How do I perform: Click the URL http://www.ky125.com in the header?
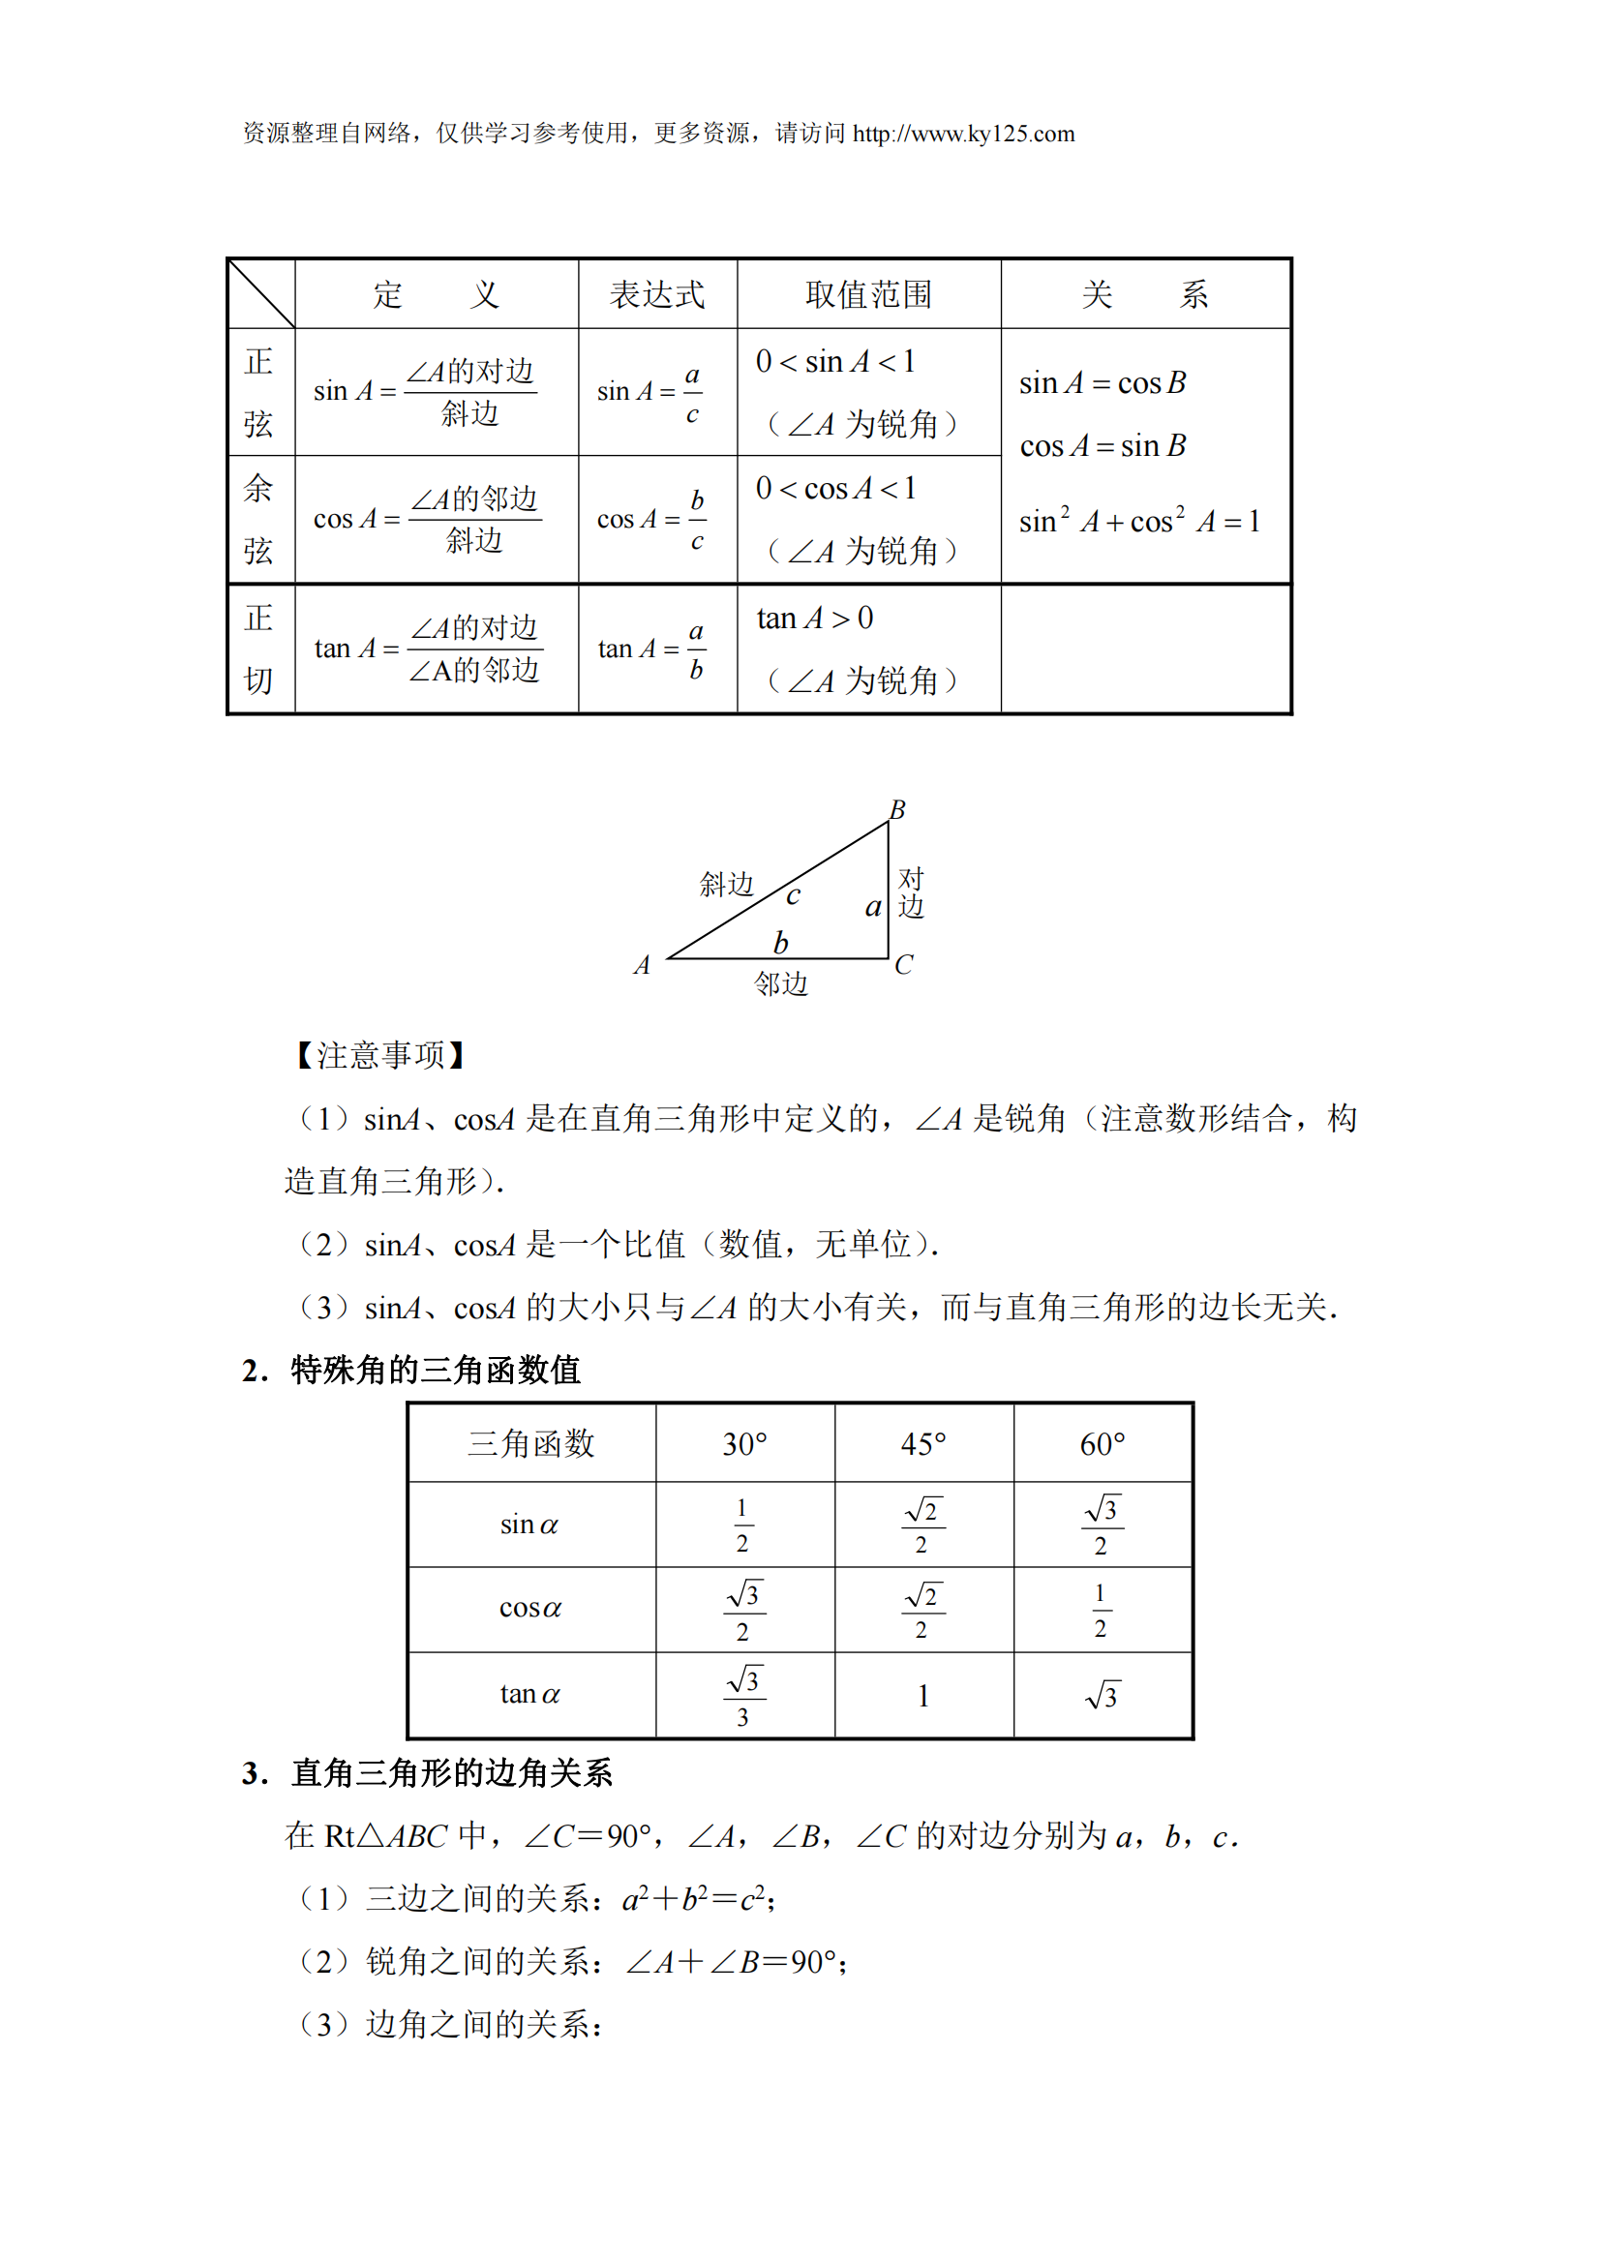(x=963, y=135)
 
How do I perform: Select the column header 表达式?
(x=656, y=294)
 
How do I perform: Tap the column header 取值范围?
(x=868, y=294)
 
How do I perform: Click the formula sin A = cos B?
(x=1103, y=382)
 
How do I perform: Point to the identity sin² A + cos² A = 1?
(x=1138, y=521)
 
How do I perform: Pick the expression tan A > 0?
(x=814, y=619)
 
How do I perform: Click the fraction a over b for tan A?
(x=696, y=649)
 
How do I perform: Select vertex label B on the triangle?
(x=897, y=809)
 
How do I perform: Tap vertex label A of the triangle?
(x=642, y=964)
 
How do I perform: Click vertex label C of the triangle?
(x=903, y=964)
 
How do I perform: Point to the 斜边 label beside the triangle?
(x=727, y=884)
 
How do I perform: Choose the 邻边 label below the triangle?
(x=781, y=983)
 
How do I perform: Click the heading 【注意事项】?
(x=380, y=1055)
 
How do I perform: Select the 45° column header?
(x=922, y=1443)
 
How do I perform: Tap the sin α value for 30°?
(x=742, y=1525)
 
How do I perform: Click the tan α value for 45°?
(x=922, y=1696)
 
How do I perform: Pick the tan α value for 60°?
(x=1102, y=1696)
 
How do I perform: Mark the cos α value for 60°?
(x=1101, y=1611)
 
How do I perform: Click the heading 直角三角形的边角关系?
(x=451, y=1773)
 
